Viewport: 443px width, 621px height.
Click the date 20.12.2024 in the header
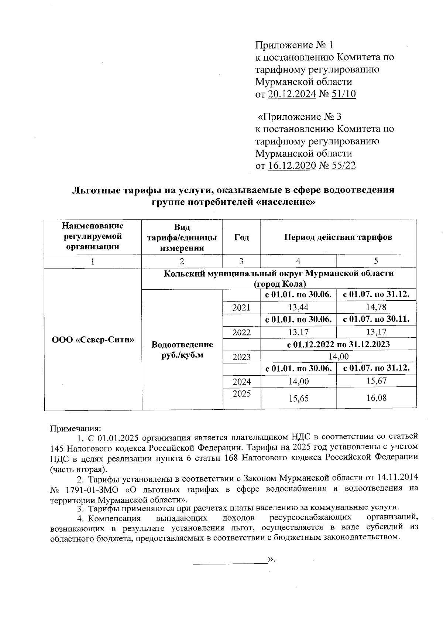point(292,94)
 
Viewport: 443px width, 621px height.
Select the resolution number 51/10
point(344,94)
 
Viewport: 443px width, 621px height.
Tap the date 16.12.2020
point(292,165)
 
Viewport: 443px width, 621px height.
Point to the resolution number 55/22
point(344,165)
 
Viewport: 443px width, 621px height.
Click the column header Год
point(241,237)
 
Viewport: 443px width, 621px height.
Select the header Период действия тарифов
point(338,237)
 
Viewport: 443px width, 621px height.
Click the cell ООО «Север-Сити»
point(93,339)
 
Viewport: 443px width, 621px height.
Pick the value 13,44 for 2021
point(298,307)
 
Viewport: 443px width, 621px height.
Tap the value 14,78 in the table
point(376,307)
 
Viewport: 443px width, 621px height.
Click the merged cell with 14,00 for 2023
point(338,356)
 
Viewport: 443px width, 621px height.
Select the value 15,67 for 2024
point(376,381)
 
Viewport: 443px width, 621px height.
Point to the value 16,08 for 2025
point(376,398)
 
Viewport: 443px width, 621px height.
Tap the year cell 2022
point(241,332)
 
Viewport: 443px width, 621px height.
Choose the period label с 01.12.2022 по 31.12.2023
point(338,344)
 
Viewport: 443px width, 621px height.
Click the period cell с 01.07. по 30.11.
point(376,319)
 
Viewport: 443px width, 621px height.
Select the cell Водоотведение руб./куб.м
point(182,349)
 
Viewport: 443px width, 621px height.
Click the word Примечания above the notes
point(75,429)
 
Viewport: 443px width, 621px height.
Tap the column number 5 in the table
point(376,261)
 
